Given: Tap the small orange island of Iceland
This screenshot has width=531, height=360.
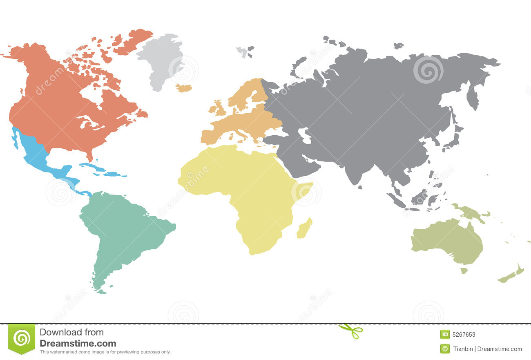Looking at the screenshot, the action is tap(184, 88).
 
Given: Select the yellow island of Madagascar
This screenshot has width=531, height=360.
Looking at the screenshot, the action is tap(304, 229).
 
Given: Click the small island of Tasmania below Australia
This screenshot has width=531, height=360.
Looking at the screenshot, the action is tap(464, 271).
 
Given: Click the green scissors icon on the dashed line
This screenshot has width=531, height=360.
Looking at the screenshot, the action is tap(351, 330).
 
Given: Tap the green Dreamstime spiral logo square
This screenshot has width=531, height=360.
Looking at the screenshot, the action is tap(21, 338).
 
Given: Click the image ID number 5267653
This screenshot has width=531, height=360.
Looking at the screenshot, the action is tap(464, 335).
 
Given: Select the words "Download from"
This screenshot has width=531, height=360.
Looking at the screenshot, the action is tap(71, 332).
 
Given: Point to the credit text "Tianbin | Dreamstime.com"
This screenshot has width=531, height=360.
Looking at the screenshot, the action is tap(487, 349).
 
